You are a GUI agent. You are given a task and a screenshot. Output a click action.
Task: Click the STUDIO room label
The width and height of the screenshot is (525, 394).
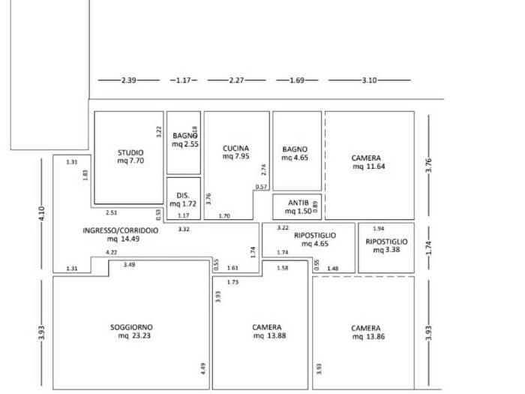point(130,152)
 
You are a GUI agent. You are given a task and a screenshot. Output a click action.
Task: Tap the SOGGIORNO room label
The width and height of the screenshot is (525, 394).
point(131,327)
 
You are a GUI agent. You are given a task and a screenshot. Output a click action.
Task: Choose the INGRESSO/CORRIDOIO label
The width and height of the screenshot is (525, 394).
point(120,230)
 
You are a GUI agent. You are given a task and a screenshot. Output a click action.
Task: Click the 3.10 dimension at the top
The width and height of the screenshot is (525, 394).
point(370,80)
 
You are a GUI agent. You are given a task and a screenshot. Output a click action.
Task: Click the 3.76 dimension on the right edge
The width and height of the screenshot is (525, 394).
point(429,166)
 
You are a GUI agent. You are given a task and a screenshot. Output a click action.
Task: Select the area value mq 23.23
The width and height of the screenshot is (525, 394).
point(132,336)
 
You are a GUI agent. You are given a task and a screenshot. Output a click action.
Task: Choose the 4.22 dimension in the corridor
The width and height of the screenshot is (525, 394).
point(111,252)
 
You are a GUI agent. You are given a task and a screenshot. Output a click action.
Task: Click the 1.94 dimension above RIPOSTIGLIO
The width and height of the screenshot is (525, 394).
point(379,228)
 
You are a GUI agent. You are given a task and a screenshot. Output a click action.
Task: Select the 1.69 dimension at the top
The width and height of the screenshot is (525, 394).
point(296,80)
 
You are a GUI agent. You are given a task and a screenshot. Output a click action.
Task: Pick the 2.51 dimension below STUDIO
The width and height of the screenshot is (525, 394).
point(112,212)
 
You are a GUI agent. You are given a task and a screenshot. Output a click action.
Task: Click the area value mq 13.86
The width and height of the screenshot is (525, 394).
point(365,337)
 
